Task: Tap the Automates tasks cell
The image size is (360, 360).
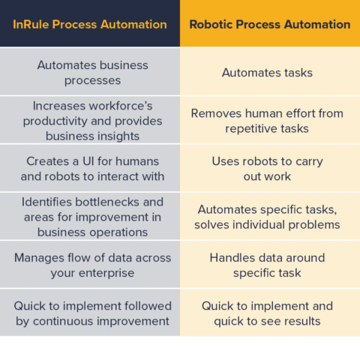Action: pos(267,73)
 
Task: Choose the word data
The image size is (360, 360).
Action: pos(273,258)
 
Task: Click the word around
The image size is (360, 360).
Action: pos(307,258)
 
